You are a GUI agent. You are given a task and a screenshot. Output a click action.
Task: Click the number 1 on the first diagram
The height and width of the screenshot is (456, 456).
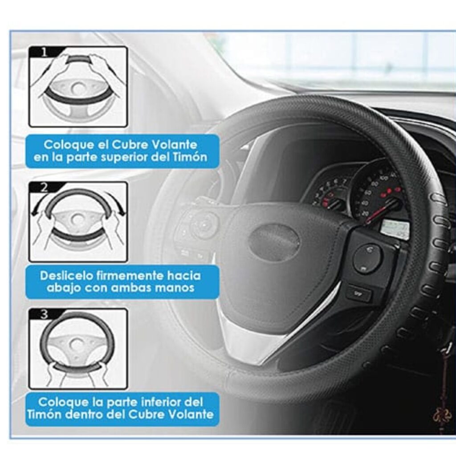[x=44, y=53]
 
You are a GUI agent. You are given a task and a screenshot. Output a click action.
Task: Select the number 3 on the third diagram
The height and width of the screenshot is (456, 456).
[x=44, y=314]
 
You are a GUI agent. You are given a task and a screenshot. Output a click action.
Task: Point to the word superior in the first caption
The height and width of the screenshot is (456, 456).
[x=136, y=158]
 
